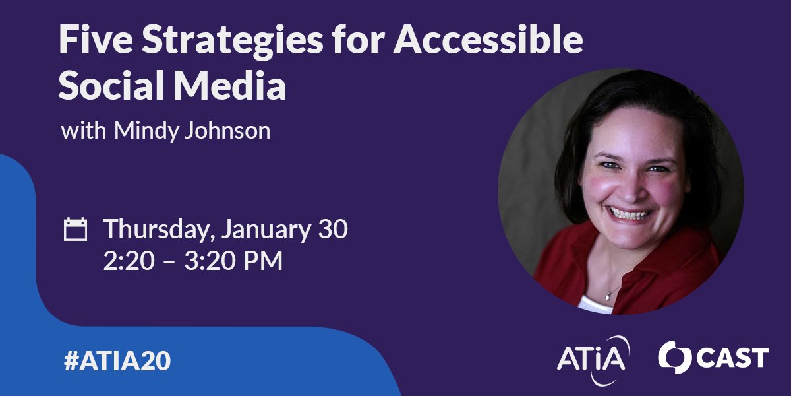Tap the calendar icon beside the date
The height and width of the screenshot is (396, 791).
point(75,230)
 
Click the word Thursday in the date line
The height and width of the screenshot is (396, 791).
point(158,231)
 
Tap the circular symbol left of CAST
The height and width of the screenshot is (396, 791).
point(673,357)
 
